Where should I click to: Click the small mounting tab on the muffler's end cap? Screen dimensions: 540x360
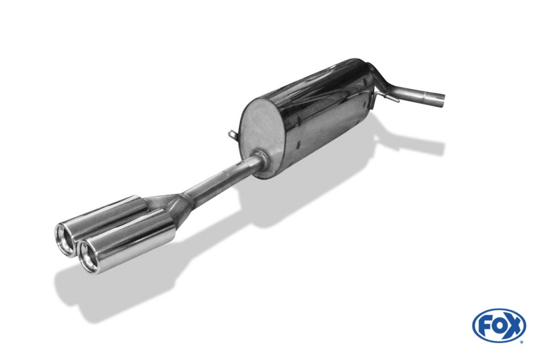click(232, 134)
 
